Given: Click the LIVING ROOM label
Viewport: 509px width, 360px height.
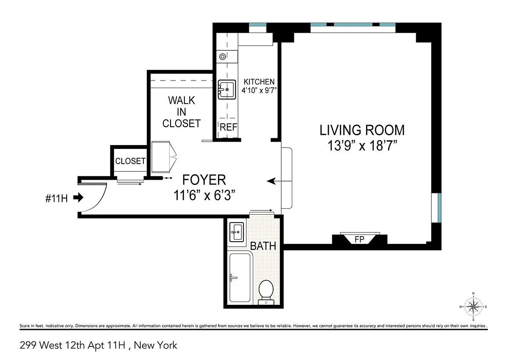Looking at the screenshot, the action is point(362,130).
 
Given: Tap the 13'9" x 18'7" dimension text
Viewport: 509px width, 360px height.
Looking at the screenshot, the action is point(362,145).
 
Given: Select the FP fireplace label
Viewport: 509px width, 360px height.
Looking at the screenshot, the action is point(359,239).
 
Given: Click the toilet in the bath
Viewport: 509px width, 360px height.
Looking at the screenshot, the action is point(266,293).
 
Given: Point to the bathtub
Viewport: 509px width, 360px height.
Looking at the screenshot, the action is point(240,278).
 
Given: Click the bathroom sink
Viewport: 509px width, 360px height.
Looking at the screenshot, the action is point(237,232).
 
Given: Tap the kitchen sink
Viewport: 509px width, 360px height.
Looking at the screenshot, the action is point(227,89).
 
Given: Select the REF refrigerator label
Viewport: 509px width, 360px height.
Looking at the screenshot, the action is point(228,127).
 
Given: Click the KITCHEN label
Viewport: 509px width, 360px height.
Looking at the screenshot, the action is point(259,81).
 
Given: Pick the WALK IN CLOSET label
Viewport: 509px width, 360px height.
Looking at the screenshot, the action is point(182,112).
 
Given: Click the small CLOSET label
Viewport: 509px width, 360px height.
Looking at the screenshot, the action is point(130,161).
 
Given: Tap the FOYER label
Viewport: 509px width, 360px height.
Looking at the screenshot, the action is point(204,180).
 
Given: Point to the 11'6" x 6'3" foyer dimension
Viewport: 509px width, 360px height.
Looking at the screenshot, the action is point(204,195).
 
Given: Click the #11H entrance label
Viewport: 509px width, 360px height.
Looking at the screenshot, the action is point(56,198).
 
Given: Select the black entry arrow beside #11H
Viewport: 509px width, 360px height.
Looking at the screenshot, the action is point(78,197).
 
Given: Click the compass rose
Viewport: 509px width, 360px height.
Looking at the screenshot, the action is point(473,307).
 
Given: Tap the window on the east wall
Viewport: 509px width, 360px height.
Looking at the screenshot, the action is point(436,208).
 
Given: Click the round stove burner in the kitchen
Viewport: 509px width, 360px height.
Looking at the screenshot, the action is point(222,56).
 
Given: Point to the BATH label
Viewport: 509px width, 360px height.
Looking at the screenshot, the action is point(263,246).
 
